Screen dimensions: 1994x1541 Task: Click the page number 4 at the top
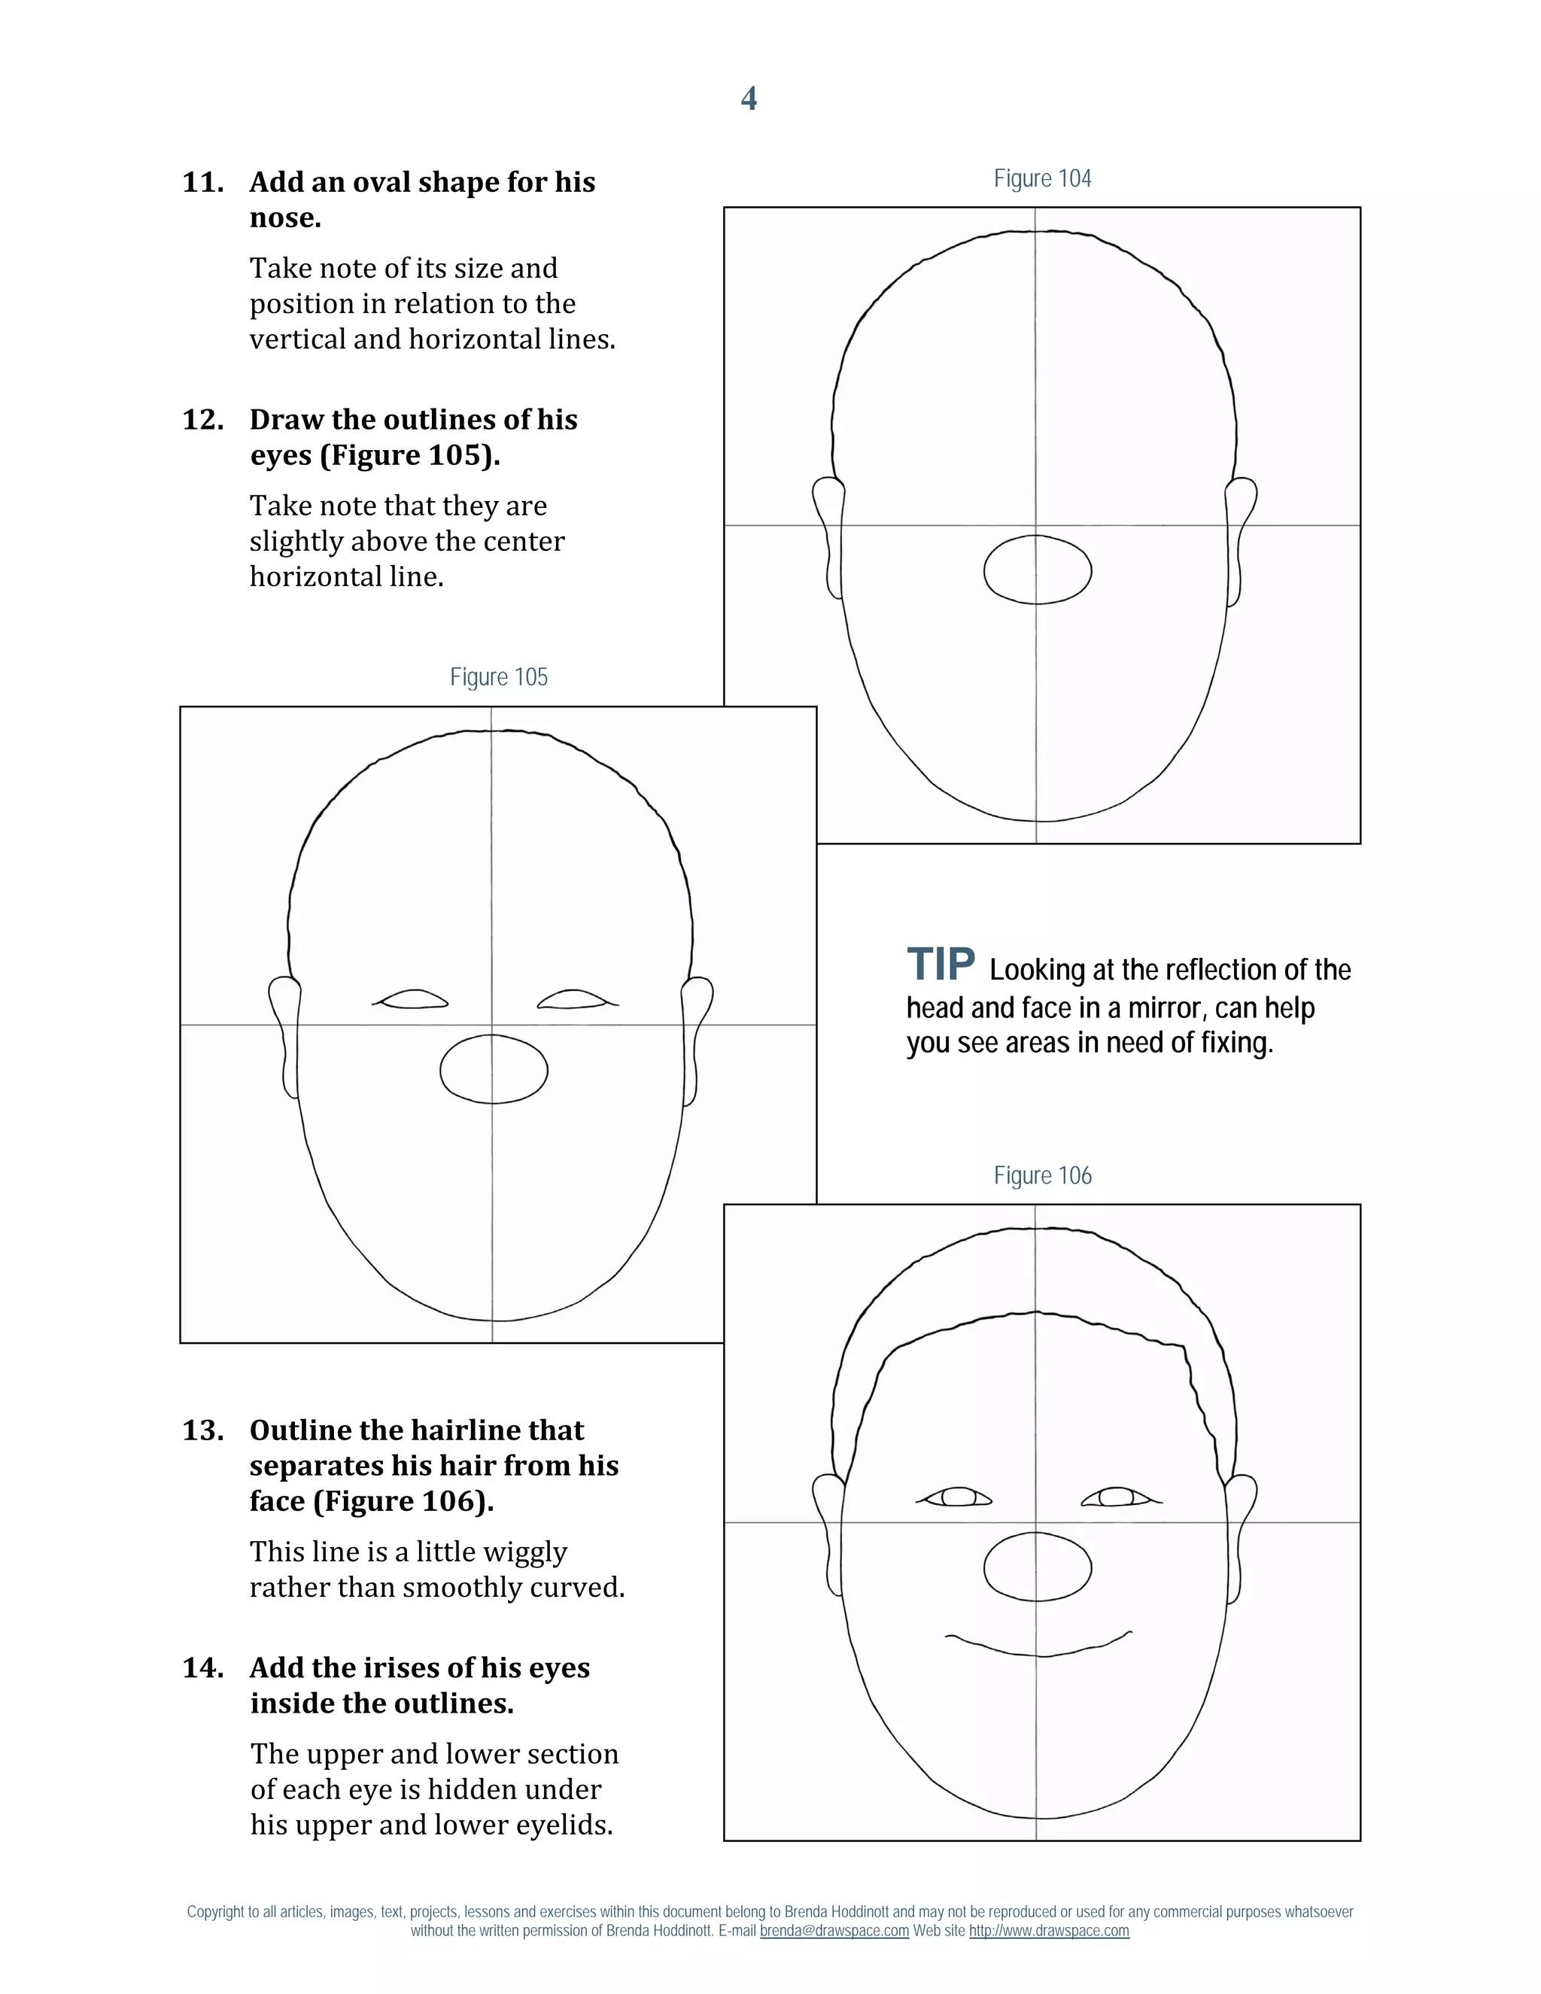[x=749, y=99]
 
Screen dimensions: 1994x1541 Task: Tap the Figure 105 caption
[x=498, y=677]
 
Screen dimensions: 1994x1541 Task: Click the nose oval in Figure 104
[x=1037, y=570]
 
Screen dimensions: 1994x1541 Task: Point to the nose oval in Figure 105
[x=494, y=1069]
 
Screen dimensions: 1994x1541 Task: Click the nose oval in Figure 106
[x=1037, y=1567]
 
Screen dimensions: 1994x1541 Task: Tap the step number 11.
[x=202, y=183]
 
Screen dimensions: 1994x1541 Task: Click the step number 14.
[x=202, y=1668]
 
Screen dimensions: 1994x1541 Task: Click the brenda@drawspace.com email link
[x=834, y=1931]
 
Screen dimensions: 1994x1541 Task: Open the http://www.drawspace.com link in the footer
[x=1048, y=1931]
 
